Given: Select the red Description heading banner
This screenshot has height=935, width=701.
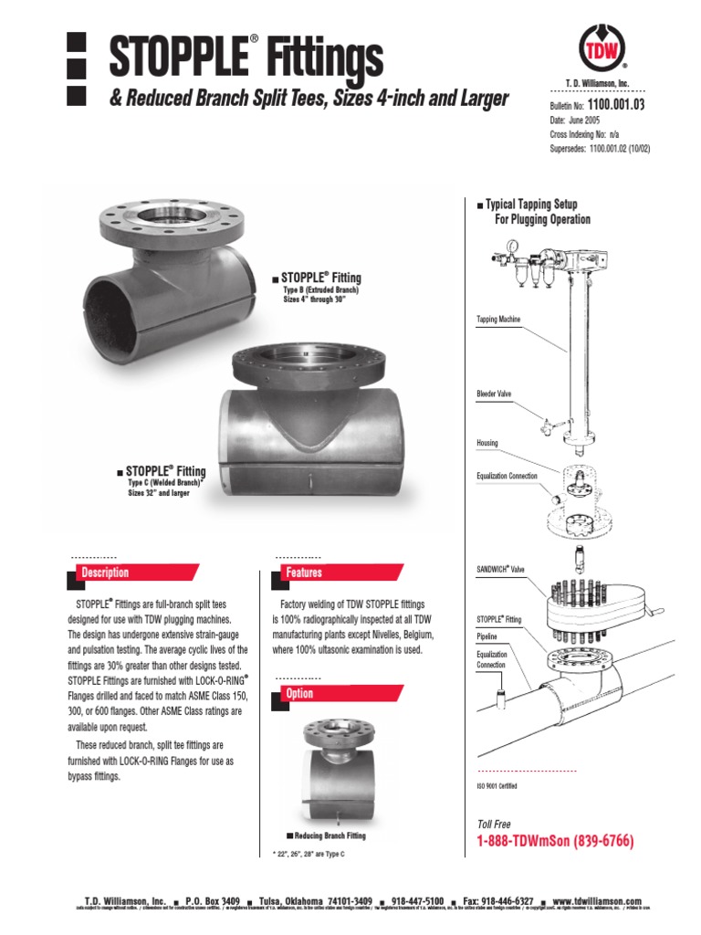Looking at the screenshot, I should (x=106, y=573).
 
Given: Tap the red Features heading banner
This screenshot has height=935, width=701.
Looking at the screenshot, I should (x=304, y=573).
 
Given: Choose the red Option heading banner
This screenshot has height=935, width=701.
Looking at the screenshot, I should (x=299, y=693).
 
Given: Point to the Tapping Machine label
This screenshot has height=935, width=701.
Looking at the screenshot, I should (x=499, y=320).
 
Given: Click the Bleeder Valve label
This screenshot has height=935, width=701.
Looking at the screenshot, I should (x=494, y=394).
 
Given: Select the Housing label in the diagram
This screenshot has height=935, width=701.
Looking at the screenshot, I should (x=487, y=443).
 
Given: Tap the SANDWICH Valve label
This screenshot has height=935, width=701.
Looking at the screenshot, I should (x=501, y=570).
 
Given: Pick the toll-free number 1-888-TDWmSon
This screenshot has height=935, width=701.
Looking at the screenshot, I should (x=555, y=840).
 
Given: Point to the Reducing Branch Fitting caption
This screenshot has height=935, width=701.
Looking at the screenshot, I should (x=326, y=835).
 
